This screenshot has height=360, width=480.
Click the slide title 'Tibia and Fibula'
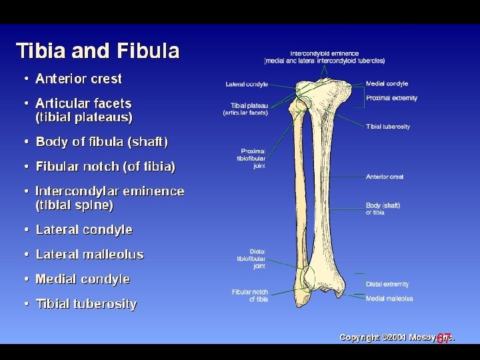pyautogui.click(x=97, y=51)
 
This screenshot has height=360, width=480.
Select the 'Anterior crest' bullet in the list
pyautogui.click(x=78, y=79)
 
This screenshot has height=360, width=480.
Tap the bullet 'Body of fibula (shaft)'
pyautogui.click(x=101, y=141)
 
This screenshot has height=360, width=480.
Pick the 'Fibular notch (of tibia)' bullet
pyautogui.click(x=105, y=166)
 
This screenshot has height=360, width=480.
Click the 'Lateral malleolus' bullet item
pyautogui.click(x=89, y=254)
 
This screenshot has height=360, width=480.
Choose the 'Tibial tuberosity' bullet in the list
pyautogui.click(x=86, y=304)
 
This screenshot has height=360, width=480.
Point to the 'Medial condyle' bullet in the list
pyautogui.click(x=83, y=279)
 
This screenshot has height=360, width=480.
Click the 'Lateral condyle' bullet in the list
pyautogui.click(x=84, y=229)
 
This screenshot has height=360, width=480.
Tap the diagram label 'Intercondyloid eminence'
pyautogui.click(x=324, y=54)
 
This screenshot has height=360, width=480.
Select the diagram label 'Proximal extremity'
pyautogui.click(x=391, y=98)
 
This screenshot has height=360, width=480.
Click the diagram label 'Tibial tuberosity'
pyautogui.click(x=387, y=127)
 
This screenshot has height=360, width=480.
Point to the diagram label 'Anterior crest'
pyautogui.click(x=385, y=177)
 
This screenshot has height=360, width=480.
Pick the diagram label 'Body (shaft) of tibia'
pyautogui.click(x=383, y=209)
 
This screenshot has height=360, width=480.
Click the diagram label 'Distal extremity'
pyautogui.click(x=387, y=285)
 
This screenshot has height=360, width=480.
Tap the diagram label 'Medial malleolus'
pyautogui.click(x=389, y=299)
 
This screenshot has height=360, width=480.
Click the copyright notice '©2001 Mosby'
pyautogui.click(x=397, y=337)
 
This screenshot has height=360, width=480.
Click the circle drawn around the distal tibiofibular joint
pyautogui.click(x=305, y=277)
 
